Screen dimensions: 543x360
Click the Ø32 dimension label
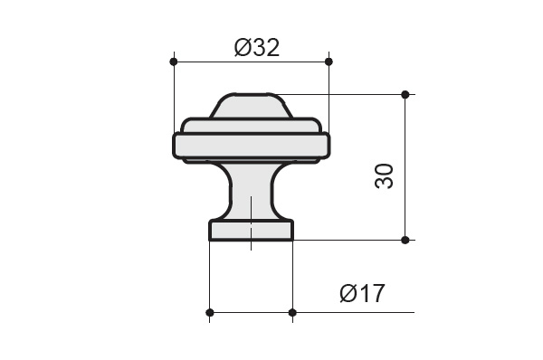click(x=257, y=48)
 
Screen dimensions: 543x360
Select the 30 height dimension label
click(x=384, y=176)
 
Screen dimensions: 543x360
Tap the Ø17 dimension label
click(x=362, y=293)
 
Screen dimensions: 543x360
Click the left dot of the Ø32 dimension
click(x=174, y=62)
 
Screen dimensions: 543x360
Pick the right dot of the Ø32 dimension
click(x=329, y=62)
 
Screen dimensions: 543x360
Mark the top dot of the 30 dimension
click(x=405, y=94)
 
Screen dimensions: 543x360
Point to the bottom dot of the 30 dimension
click(x=405, y=240)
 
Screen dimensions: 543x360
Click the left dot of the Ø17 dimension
click(x=210, y=313)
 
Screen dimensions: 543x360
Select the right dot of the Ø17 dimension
click(x=292, y=313)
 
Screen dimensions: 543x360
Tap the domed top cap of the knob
click(x=251, y=106)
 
